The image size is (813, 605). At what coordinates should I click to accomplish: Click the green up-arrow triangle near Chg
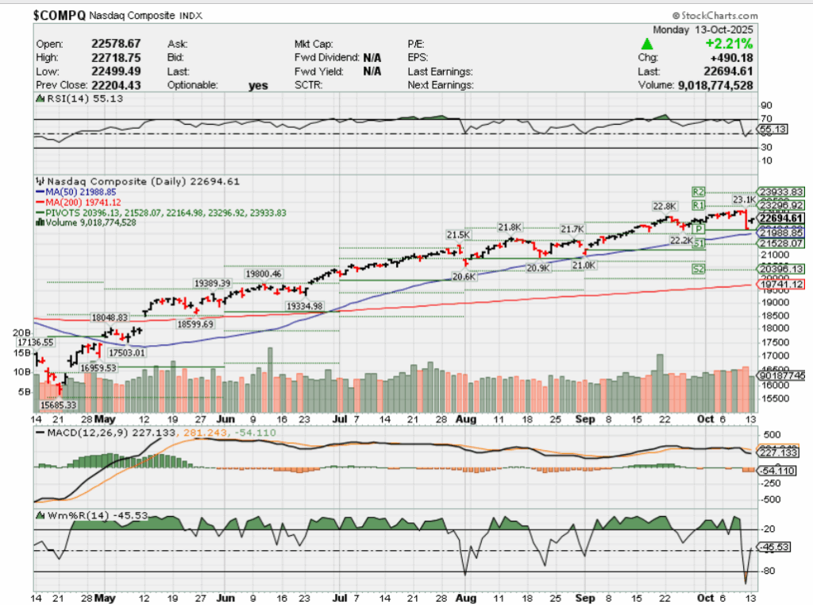coord(648,44)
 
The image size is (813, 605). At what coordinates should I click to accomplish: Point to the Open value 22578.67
coord(117,43)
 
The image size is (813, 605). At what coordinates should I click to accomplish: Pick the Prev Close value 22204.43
coord(117,84)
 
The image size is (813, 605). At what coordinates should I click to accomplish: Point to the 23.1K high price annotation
coord(743,199)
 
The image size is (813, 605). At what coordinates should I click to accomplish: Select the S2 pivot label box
coord(698,270)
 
